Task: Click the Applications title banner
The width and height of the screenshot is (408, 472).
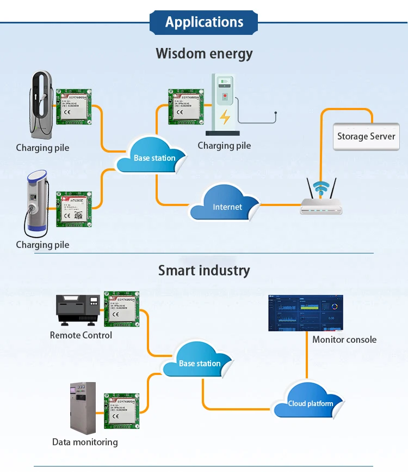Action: click(x=204, y=22)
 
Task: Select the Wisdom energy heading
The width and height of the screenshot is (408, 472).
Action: click(x=204, y=53)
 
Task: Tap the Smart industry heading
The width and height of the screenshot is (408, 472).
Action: click(x=204, y=270)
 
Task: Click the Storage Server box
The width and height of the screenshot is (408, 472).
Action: click(x=366, y=136)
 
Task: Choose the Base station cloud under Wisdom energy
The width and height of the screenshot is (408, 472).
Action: click(x=154, y=157)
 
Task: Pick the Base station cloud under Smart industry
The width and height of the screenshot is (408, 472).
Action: click(x=200, y=362)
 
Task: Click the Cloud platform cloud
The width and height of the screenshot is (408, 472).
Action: click(x=310, y=402)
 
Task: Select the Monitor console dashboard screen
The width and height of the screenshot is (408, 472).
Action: click(x=306, y=313)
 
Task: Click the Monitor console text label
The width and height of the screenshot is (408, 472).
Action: click(x=344, y=340)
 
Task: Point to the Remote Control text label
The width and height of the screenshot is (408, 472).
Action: click(x=81, y=335)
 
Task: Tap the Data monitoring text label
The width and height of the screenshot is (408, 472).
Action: click(x=85, y=442)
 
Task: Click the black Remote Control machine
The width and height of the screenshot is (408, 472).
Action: click(x=78, y=311)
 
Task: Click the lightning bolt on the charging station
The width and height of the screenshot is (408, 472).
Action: click(x=224, y=117)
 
